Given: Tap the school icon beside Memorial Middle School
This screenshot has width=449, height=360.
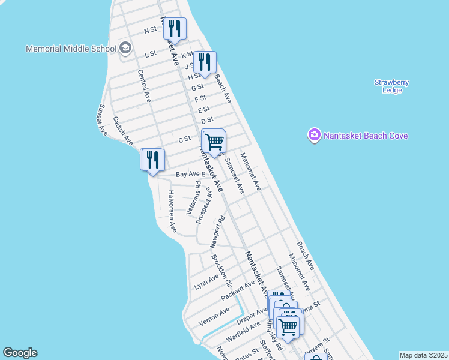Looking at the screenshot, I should click(125, 48).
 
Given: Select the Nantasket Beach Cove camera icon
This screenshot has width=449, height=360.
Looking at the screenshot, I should click(314, 136).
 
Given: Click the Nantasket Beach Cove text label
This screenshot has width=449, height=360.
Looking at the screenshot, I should click(366, 136).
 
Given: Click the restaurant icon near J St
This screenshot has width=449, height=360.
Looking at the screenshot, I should click(205, 62).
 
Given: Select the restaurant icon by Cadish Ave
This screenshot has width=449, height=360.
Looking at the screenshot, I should click(152, 160).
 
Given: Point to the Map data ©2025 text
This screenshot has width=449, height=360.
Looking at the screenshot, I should click(423, 355).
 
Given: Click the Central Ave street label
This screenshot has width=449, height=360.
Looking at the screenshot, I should click(144, 86).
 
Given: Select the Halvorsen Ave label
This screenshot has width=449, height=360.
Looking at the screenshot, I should click(172, 211).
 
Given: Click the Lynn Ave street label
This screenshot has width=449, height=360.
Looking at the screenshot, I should click(207, 281).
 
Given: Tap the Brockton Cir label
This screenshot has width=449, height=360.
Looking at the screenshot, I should click(220, 269).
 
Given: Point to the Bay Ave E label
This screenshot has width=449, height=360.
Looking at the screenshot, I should click(190, 174).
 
